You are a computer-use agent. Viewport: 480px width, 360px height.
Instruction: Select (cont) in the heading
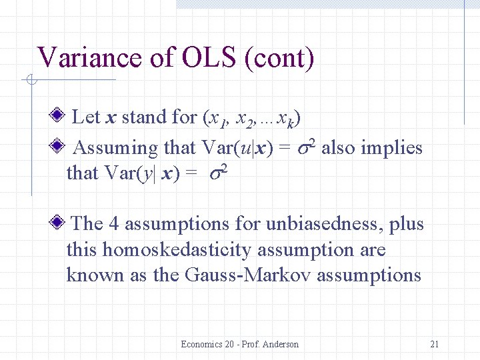click(x=279, y=58)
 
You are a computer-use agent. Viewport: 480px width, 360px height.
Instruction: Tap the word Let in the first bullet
click(x=85, y=117)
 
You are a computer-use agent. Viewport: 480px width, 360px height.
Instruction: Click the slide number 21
click(x=435, y=344)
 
